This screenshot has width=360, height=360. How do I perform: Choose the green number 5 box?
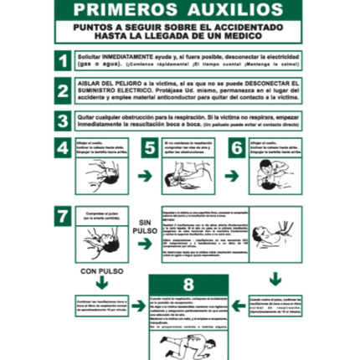[149, 147]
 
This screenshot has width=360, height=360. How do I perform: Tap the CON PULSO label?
[100, 270]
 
